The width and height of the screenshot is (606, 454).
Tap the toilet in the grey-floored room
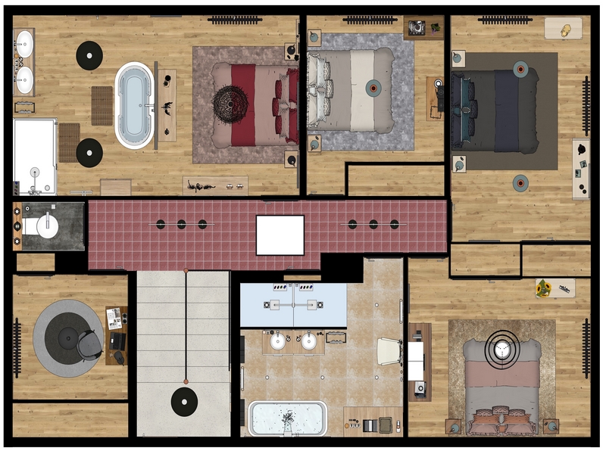[x=45, y=225]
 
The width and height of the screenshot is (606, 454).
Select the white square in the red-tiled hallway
[x=280, y=235]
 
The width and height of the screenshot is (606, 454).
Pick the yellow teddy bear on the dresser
[x=564, y=30]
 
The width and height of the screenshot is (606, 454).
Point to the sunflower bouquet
[x=542, y=287]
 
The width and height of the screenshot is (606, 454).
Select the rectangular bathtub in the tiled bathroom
[x=287, y=418]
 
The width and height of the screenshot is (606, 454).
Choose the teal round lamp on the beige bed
[x=373, y=88]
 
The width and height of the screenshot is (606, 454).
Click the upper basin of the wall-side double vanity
[x=24, y=40]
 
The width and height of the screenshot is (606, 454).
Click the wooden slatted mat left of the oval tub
[x=102, y=105]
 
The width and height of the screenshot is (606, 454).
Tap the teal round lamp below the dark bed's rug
[x=520, y=182]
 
